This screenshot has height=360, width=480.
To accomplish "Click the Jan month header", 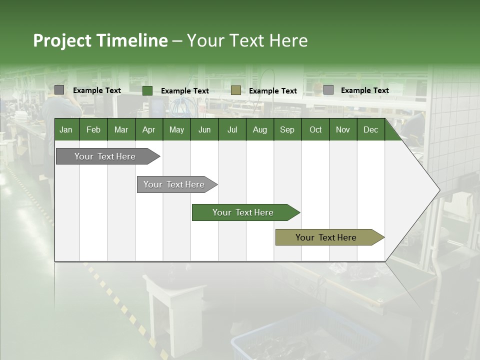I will click(66, 129).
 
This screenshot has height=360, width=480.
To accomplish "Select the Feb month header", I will click(93, 129).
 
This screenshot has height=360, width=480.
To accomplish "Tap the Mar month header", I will click(121, 129).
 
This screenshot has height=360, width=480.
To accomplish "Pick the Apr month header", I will click(148, 129).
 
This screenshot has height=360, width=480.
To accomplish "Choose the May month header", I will click(176, 129).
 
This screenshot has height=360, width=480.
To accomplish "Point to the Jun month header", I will click(204, 129).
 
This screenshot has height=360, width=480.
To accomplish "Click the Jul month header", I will click(232, 129).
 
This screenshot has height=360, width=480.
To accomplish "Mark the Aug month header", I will click(259, 129).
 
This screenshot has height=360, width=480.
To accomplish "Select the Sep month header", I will click(287, 129).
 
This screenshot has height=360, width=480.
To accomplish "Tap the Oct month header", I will click(315, 129).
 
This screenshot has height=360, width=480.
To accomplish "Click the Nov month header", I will click(343, 129).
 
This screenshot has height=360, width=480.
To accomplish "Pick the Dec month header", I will click(370, 129).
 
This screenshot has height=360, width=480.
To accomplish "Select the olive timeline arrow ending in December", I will click(326, 237).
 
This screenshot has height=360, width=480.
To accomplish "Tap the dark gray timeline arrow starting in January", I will click(105, 156).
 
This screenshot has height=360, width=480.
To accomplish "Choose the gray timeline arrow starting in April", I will click(174, 184).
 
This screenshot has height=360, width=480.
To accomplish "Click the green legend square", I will click(147, 90).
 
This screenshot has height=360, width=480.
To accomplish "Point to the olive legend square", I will click(236, 90).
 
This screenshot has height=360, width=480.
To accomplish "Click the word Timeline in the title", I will click(132, 40).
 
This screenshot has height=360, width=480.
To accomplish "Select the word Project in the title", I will click(62, 40).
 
